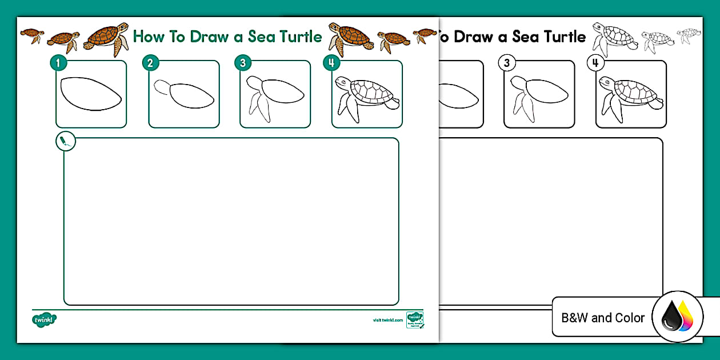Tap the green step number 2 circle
pyautogui.click(x=150, y=63)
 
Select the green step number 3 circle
pyautogui.click(x=242, y=63)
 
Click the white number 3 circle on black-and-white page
pyautogui.click(x=506, y=63)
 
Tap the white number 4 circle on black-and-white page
pyautogui.click(x=595, y=63)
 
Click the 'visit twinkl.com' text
pyautogui.click(x=387, y=321)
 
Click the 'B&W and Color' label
pyautogui.click(x=603, y=318)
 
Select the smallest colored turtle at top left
pyautogui.click(x=32, y=35)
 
